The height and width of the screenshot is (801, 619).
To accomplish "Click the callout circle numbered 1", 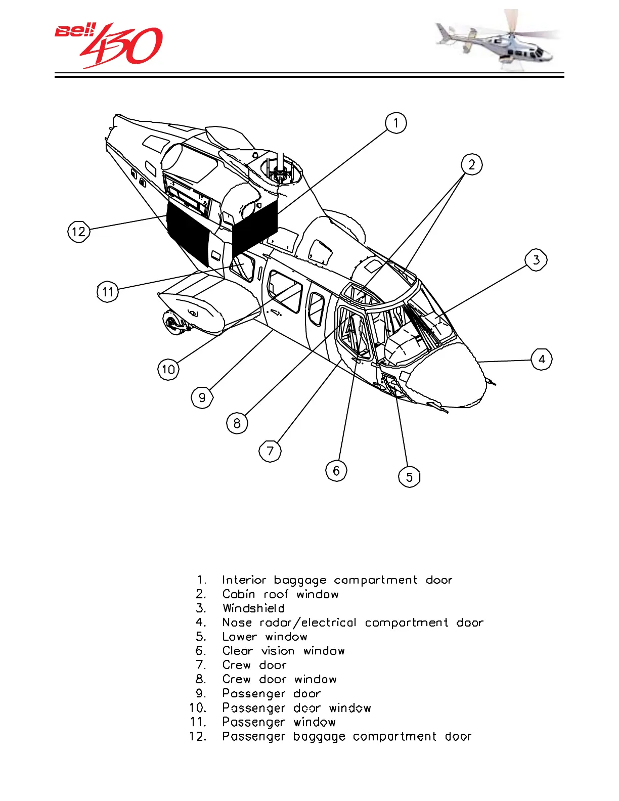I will [395, 123].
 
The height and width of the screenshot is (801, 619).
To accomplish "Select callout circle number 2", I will [471, 164].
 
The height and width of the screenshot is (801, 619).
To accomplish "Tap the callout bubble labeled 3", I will [536, 260].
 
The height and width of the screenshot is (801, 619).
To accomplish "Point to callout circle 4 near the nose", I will [542, 360].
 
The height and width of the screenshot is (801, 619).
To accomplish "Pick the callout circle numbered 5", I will [409, 477].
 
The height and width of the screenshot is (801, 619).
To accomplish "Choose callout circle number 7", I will [270, 451].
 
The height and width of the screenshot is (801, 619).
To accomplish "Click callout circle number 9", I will [202, 397].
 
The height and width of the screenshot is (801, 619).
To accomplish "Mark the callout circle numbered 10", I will [168, 369].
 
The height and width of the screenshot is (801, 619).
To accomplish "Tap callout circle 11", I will [107, 292].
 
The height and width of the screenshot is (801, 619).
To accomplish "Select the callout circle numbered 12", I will [78, 232].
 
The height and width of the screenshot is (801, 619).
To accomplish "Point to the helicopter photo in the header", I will [498, 40].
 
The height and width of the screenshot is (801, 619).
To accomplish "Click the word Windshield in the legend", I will [253, 608].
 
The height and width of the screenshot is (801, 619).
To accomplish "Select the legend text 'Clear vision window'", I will [283, 651].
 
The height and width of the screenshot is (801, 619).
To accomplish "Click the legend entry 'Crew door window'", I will [279, 679].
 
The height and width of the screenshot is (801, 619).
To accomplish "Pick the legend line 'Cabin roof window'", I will [280, 594].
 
